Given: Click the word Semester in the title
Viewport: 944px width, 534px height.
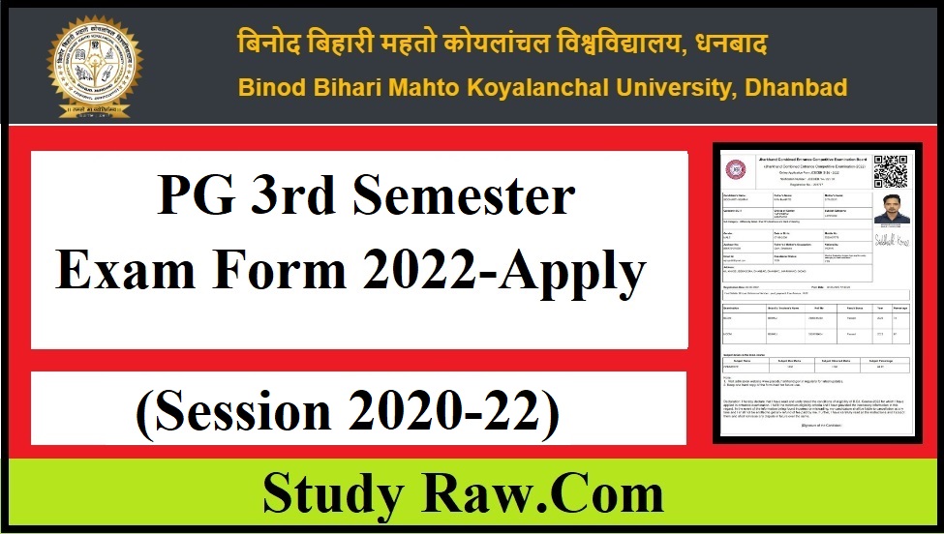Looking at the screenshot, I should click(465, 199).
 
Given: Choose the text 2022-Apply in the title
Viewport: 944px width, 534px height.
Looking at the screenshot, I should click(504, 274).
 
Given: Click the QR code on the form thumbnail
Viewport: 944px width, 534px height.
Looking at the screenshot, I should click(891, 170).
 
